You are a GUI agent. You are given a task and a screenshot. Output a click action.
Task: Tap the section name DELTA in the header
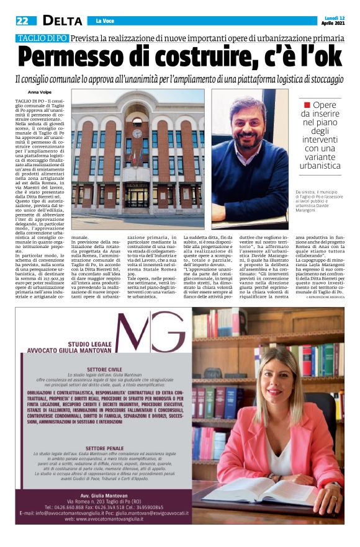click(62, 20)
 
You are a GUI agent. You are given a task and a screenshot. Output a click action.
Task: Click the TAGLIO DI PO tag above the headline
click(42, 38)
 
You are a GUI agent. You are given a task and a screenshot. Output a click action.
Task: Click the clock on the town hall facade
click(137, 117)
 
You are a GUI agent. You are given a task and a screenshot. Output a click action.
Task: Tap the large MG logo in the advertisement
click(149, 332)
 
